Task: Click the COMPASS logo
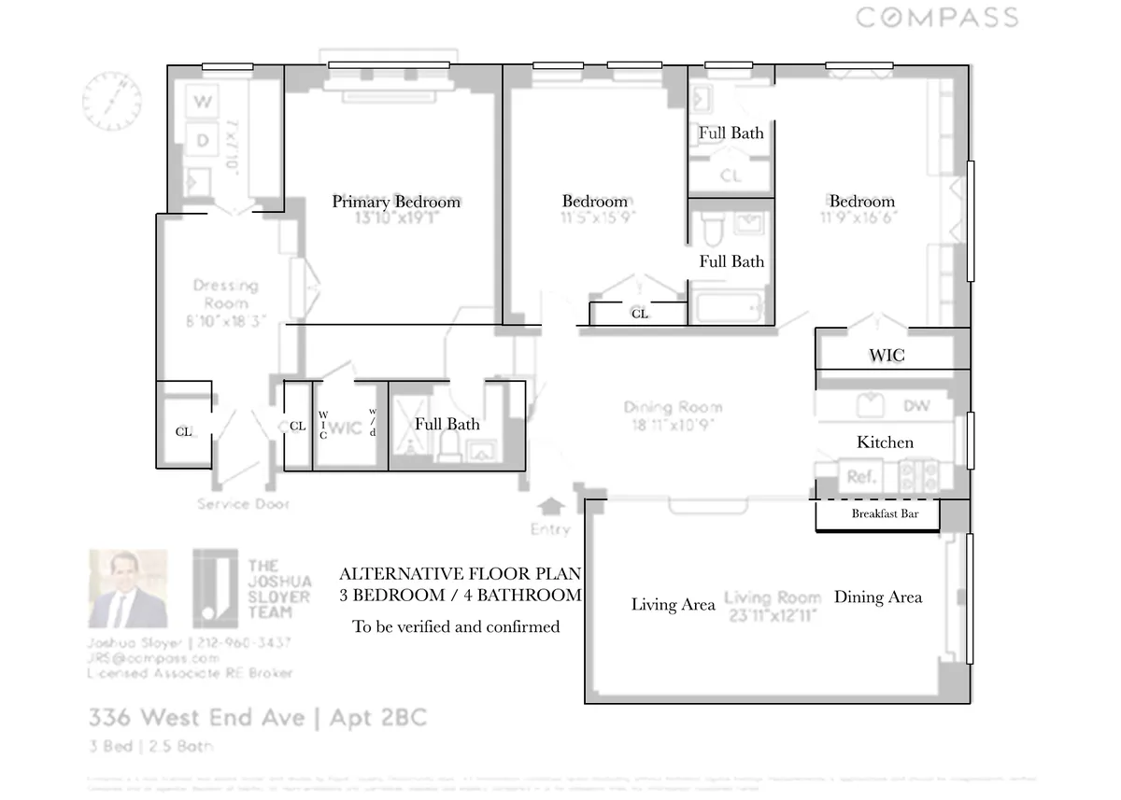tap(937, 18)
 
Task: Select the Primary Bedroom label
tap(396, 202)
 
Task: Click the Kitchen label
tap(885, 442)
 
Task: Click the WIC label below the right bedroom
tap(886, 356)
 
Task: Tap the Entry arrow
tap(552, 507)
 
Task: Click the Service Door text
tap(243, 504)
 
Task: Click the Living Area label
tap(673, 604)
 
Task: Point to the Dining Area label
tap(877, 597)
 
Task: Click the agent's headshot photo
tap(128, 589)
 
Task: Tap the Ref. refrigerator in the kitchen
tap(859, 477)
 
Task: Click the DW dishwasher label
tap(915, 407)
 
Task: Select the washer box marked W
tap(202, 102)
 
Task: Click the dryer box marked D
tap(202, 141)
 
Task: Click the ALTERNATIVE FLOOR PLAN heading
tap(460, 573)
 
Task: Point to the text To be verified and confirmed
tap(456, 626)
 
